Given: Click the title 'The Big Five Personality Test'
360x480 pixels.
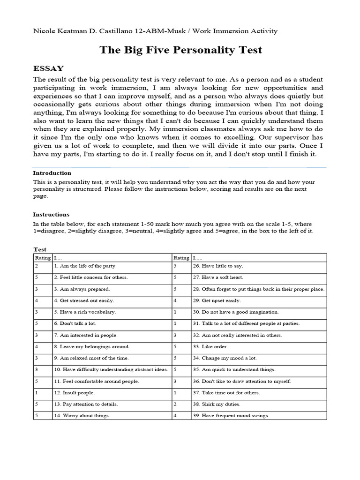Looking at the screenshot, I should coord(180,50).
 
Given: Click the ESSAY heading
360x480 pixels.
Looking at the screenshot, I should coord(48,68).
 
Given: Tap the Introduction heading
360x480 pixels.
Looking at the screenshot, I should coord(52,173).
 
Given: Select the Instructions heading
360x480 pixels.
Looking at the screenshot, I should coord(51,214).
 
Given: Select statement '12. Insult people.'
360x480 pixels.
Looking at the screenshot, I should coord(74,393).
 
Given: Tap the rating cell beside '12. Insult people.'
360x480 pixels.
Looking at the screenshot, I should coord(43,393).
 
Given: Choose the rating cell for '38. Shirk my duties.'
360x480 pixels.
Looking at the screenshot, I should coord(181,404).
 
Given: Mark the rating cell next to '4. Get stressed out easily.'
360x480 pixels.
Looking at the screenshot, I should coord(43,300).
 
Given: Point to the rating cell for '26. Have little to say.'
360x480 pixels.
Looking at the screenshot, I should coord(181,266).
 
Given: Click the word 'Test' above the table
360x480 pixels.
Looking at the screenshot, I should coord(40,250).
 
